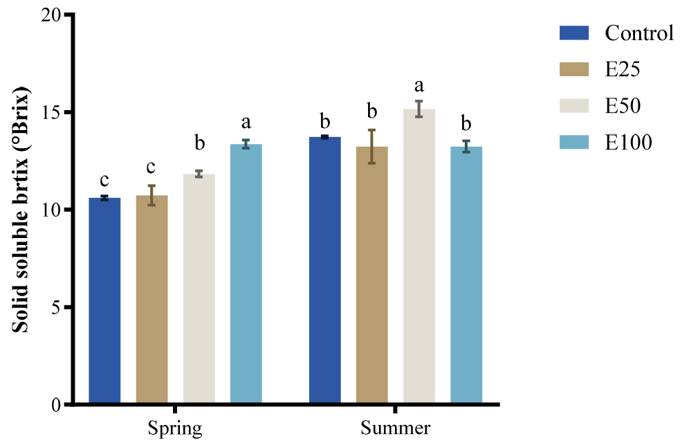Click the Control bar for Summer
coord(324,270)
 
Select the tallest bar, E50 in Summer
coord(419,256)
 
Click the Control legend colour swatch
coord(573,33)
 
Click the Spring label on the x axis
coord(175,428)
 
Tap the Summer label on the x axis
coord(395,428)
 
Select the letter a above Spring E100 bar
coord(246,124)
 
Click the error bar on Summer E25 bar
coord(371,146)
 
